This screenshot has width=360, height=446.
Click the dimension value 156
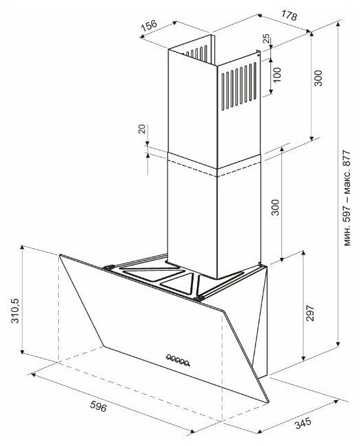149,25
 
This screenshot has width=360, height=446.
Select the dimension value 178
289,15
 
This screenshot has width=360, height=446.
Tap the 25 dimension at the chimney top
267,38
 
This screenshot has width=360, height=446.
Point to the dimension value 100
277,75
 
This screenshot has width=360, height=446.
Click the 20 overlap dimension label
142,129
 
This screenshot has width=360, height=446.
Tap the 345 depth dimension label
303,423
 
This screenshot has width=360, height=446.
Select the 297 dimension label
310,313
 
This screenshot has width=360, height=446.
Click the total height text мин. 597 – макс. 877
347,198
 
